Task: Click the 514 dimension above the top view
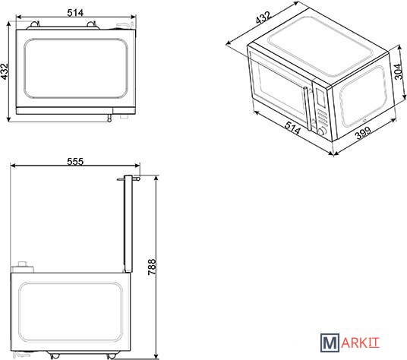[x=75, y=12]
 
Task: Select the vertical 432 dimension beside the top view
[x=5, y=71]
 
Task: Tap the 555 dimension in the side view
[x=75, y=162]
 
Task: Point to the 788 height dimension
[x=152, y=267]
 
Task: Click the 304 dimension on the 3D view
[x=399, y=71]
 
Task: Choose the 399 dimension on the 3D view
[x=363, y=133]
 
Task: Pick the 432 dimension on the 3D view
[x=263, y=17]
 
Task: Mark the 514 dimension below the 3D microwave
[x=292, y=128]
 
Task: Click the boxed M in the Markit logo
[x=330, y=343]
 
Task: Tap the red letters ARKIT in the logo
[x=360, y=343]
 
